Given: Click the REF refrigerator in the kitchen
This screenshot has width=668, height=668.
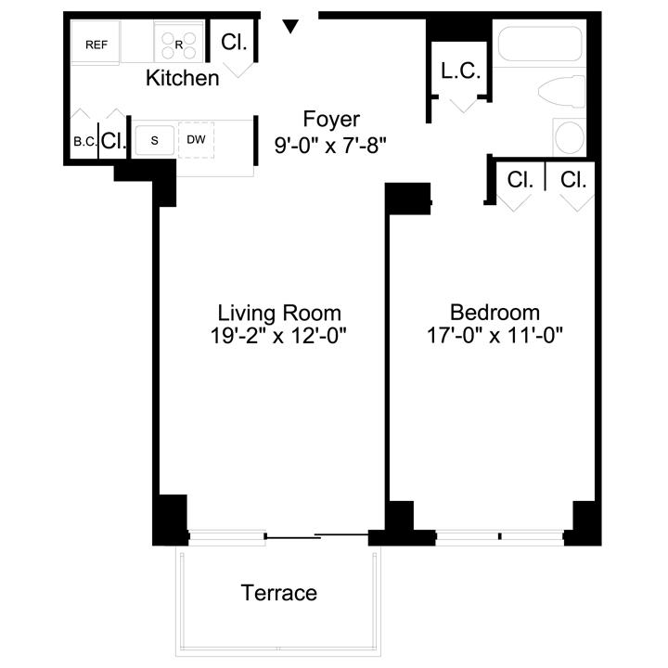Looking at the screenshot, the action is pyautogui.click(x=96, y=43).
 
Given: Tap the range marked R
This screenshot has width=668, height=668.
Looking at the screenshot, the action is pyautogui.click(x=178, y=42).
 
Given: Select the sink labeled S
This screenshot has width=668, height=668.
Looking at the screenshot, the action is pyautogui.click(x=155, y=140).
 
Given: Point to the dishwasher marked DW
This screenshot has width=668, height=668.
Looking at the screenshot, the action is pyautogui.click(x=196, y=140).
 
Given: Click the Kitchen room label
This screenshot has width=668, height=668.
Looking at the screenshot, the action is pyautogui.click(x=183, y=78).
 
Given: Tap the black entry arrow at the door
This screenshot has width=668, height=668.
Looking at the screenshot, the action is pyautogui.click(x=290, y=26).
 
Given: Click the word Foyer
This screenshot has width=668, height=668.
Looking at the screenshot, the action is pyautogui.click(x=331, y=119).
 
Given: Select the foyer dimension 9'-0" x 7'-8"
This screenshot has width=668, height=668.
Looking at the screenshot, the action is pyautogui.click(x=330, y=146).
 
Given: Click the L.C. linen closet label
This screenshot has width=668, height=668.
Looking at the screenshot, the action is pyautogui.click(x=460, y=71).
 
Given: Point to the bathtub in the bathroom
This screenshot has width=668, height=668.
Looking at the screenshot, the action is pyautogui.click(x=539, y=44).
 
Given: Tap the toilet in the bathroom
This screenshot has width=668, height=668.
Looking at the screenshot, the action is pyautogui.click(x=562, y=92).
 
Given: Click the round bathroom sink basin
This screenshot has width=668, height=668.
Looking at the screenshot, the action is pyautogui.click(x=570, y=136).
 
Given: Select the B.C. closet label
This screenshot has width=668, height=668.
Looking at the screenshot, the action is pyautogui.click(x=85, y=142).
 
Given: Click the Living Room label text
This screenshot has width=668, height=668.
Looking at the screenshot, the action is pyautogui.click(x=279, y=314).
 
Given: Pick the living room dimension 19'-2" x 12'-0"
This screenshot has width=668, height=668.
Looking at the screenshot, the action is pyautogui.click(x=278, y=336).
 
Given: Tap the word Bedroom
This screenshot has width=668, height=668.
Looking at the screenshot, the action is pyautogui.click(x=495, y=313).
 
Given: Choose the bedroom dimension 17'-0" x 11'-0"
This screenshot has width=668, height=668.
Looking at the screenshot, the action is pyautogui.click(x=495, y=335).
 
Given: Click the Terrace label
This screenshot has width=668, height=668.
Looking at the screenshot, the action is pyautogui.click(x=279, y=593).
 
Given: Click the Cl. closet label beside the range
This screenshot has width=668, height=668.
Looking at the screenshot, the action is pyautogui.click(x=234, y=42).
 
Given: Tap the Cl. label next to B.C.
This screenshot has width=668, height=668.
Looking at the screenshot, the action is pyautogui.click(x=114, y=140).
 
